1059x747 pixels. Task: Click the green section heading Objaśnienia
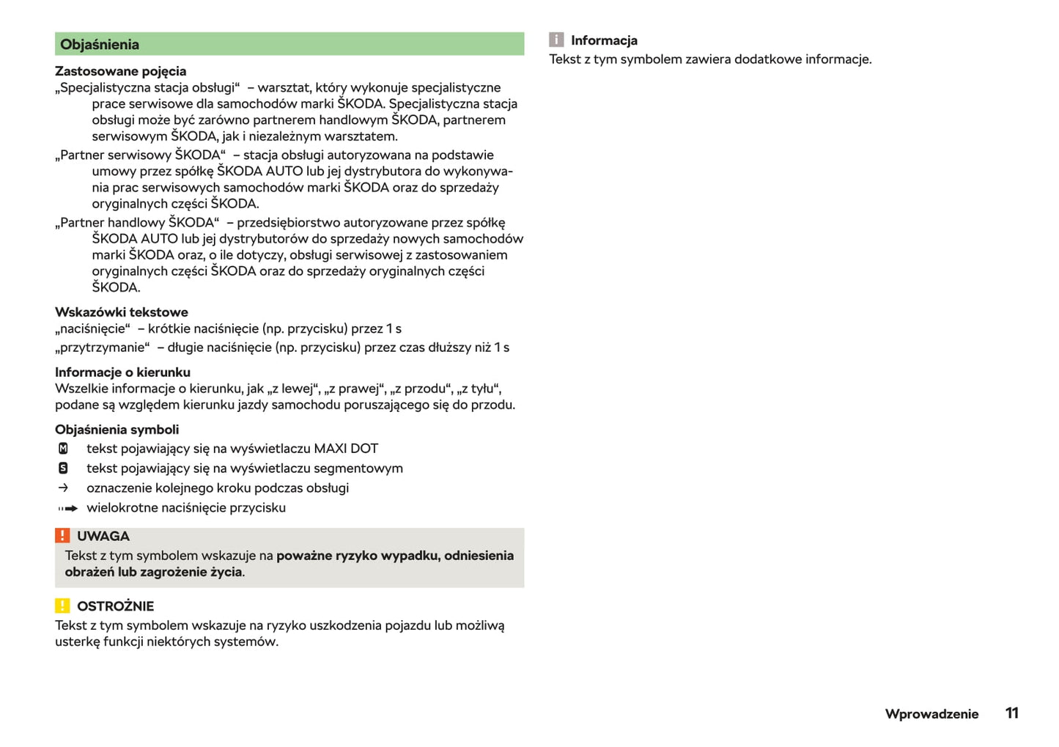coord(100,44)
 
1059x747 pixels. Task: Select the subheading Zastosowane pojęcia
coord(120,71)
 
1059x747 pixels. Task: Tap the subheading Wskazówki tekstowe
coord(121,312)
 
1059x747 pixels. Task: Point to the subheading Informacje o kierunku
coord(122,372)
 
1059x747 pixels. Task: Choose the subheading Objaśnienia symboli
coord(117,430)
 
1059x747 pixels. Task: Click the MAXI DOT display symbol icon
coord(63,449)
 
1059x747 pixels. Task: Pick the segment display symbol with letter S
coord(63,468)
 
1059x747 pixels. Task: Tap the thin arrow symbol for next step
coord(63,488)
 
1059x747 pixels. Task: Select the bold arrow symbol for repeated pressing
coord(68,508)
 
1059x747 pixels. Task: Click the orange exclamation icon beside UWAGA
coord(62,536)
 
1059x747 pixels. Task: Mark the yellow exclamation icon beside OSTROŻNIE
coord(62,606)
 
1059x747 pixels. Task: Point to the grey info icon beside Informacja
coord(556,40)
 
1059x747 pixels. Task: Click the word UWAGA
coord(103,537)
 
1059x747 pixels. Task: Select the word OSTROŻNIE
coord(115,606)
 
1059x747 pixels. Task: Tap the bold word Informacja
coord(604,40)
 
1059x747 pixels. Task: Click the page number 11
coord(1011,713)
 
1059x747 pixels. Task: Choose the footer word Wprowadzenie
coord(931,714)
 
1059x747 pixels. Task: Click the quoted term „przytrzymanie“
coord(103,347)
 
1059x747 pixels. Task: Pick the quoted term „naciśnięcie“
coord(92,328)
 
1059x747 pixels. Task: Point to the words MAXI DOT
coord(346,449)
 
